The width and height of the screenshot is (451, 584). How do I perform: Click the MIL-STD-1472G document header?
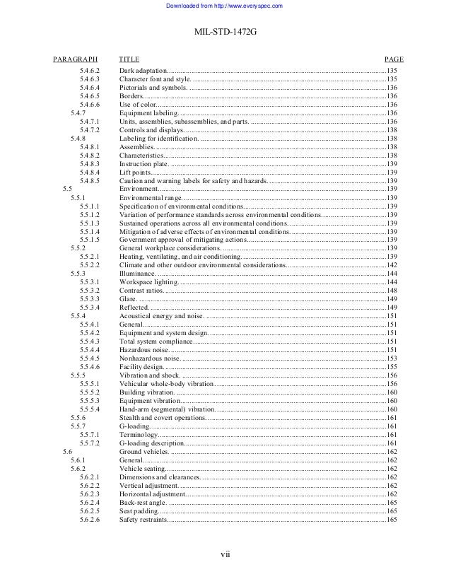[225, 32]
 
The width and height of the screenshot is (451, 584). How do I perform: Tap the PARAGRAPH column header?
[75, 60]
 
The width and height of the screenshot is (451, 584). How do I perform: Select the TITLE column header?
[129, 60]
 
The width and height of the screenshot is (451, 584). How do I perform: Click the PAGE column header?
[393, 60]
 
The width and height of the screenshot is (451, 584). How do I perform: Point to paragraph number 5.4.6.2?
[90, 71]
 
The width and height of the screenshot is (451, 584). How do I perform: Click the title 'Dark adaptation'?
[142, 71]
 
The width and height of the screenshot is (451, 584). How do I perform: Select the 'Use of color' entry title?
[139, 104]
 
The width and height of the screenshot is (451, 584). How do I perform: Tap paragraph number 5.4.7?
[78, 112]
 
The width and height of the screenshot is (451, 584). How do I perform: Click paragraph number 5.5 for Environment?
[67, 189]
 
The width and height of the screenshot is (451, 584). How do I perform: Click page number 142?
[392, 264]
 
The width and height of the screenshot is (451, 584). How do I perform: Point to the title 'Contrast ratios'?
[141, 290]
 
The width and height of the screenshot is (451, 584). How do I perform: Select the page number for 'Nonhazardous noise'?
[392, 358]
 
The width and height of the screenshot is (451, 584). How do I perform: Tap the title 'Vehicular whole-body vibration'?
[165, 383]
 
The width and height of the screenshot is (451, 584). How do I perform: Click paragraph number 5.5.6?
[78, 417]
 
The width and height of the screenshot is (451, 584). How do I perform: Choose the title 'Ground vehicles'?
[143, 451]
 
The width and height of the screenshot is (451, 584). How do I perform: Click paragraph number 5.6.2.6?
[90, 519]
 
